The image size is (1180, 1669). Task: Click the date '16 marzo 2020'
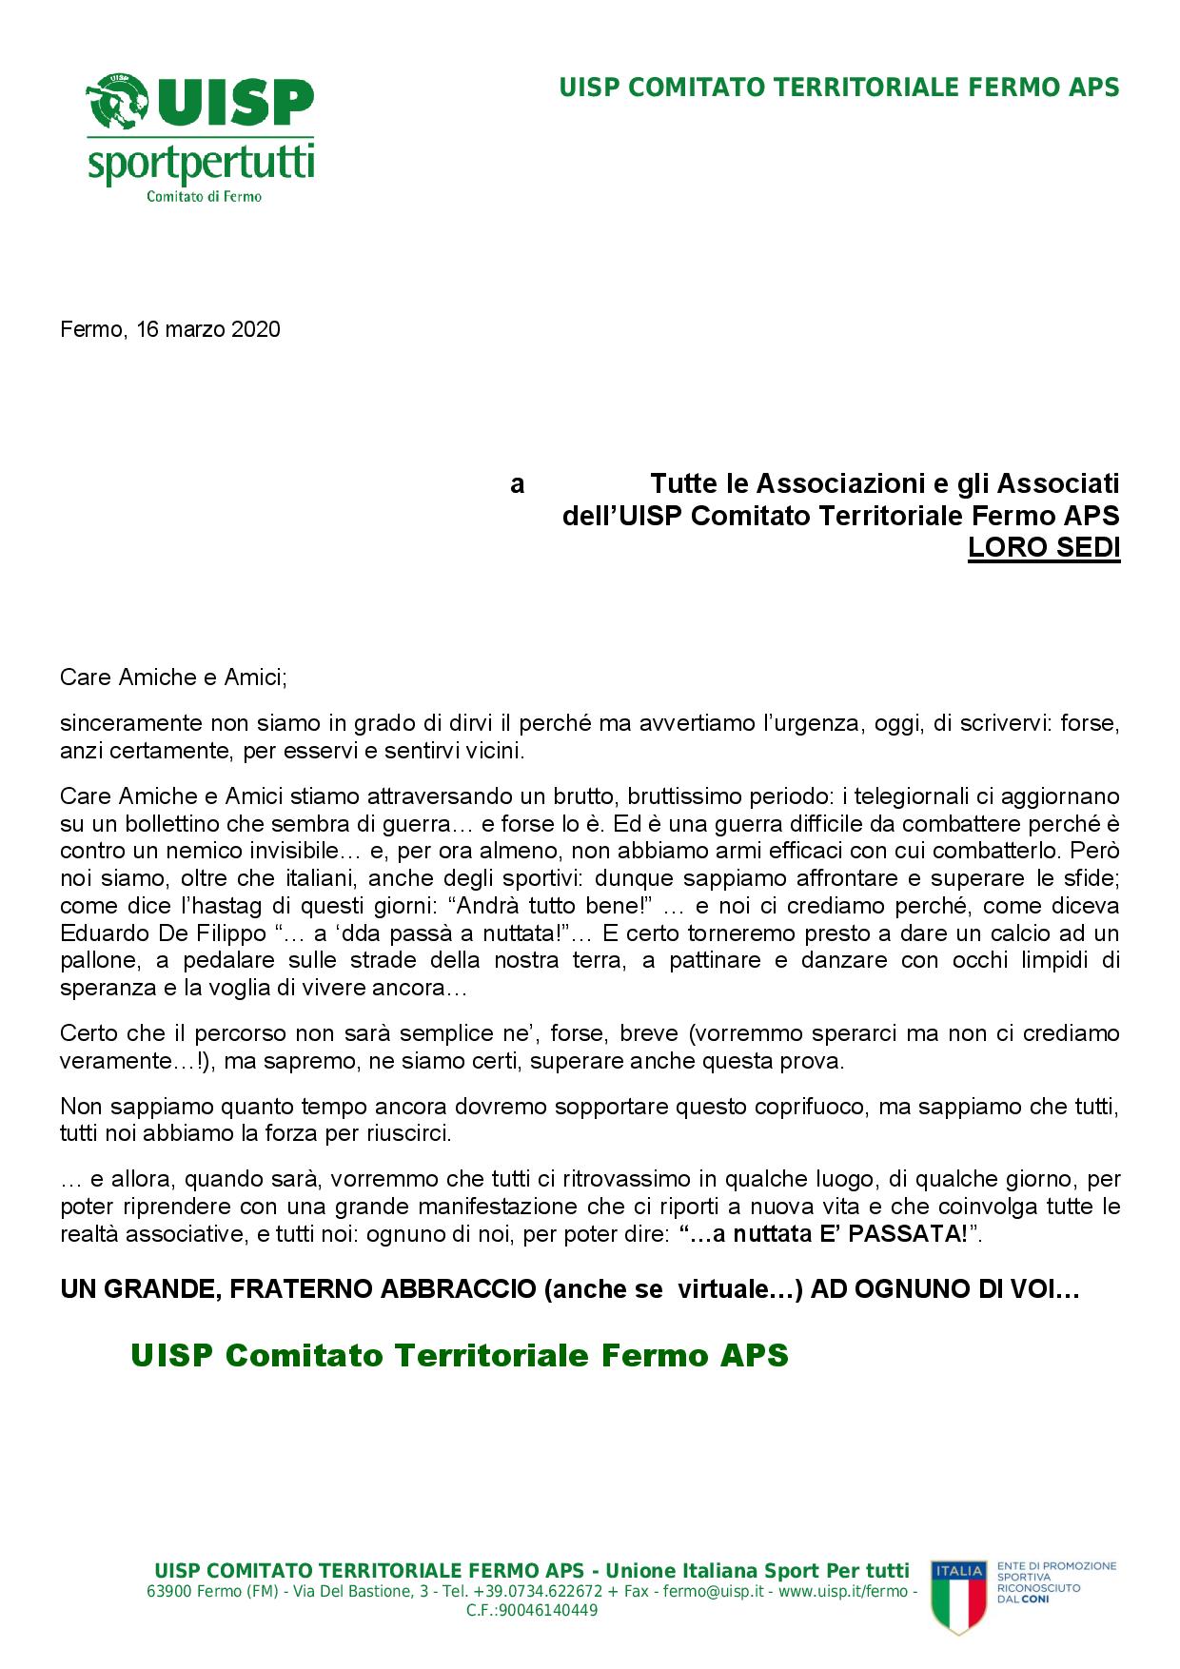[x=207, y=329]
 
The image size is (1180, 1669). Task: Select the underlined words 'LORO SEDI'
[x=1043, y=549]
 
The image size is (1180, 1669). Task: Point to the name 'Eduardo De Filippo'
[x=163, y=933]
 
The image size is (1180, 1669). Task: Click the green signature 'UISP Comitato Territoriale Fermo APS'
[x=460, y=1355]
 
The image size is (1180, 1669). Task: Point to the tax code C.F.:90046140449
[x=532, y=1610]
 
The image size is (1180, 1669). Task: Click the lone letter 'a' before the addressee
[x=517, y=484]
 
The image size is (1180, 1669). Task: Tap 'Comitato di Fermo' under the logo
[x=204, y=197]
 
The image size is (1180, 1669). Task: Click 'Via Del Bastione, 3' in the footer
[x=349, y=1591]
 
